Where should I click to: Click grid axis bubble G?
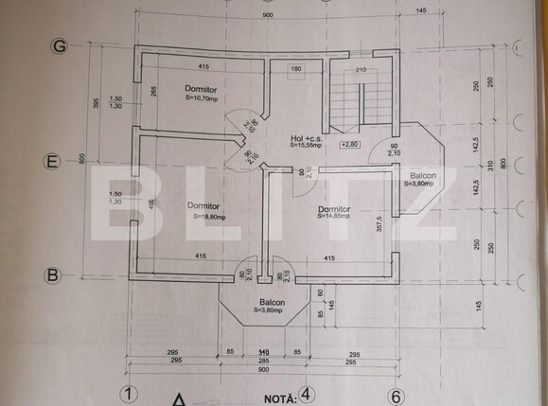coord(60,46)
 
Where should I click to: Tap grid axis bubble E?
coord(55,162)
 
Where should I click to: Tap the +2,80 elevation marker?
coord(349,144)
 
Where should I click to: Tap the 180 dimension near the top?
coord(295,69)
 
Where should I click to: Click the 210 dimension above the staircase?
coord(361,69)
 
